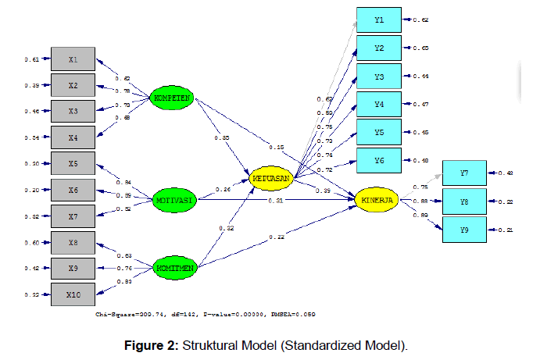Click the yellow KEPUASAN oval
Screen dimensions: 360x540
271,178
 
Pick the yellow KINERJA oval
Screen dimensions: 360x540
377,201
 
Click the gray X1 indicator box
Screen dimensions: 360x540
73,59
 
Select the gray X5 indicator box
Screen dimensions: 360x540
73,163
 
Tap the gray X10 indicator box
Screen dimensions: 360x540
73,294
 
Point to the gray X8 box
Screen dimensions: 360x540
73,242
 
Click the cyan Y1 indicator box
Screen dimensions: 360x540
378,19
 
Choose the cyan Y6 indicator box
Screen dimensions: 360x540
378,159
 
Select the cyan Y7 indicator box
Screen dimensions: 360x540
464,172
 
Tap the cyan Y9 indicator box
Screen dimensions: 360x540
464,230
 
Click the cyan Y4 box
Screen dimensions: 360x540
378,103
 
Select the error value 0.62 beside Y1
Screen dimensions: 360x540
420,19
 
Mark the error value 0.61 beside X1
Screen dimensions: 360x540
30,59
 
